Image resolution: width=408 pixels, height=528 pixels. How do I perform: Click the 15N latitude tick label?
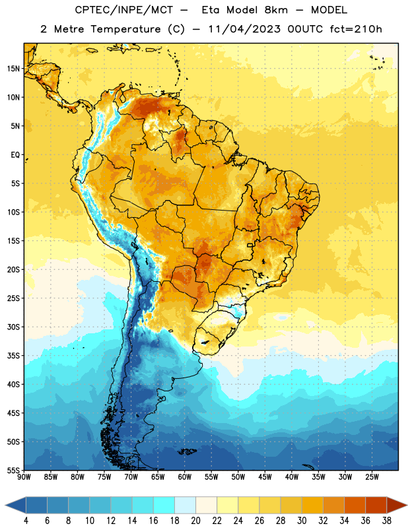(x=13, y=69)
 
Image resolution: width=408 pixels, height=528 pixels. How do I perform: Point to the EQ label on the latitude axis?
(x=15, y=155)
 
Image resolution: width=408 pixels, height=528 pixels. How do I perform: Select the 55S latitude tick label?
(x=13, y=470)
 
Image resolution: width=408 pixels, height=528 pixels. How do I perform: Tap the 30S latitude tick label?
(x=13, y=327)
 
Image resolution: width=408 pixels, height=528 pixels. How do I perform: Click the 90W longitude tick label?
(x=24, y=477)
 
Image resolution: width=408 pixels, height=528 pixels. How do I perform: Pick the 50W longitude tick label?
(x=238, y=477)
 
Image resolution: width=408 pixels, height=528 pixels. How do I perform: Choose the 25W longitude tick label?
(x=372, y=477)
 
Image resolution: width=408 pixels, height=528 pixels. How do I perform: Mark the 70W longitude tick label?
(x=131, y=477)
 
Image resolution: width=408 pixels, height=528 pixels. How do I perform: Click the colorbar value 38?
(x=386, y=521)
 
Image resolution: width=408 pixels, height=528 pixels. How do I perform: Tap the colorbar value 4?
(x=26, y=521)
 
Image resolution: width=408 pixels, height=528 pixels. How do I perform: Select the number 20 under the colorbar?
(x=195, y=521)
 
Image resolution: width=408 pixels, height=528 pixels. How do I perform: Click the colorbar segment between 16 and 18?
(x=164, y=505)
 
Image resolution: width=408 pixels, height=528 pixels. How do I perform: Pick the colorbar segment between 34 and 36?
(x=355, y=505)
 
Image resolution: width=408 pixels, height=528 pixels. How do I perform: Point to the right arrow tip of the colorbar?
(x=407, y=505)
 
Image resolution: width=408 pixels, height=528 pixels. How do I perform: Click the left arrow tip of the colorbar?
(x=5, y=505)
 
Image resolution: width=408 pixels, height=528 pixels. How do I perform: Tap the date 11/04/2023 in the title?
(x=244, y=29)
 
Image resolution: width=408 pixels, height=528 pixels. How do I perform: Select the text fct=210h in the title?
(x=356, y=29)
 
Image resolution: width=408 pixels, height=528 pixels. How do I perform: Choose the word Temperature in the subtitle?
(x=125, y=30)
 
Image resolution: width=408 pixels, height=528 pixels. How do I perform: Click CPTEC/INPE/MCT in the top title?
(x=123, y=10)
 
